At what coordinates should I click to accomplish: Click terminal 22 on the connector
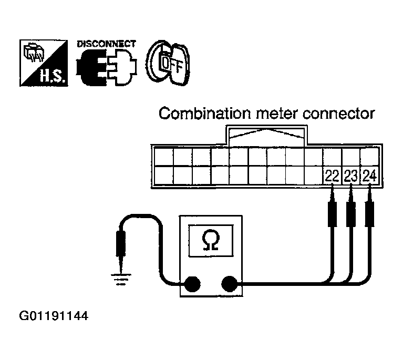(332, 176)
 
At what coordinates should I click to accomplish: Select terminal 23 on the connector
(351, 176)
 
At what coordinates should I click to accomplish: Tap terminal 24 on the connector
(369, 176)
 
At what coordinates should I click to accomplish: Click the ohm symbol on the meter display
(211, 240)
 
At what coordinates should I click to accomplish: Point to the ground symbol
(121, 280)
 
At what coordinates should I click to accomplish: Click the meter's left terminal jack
(192, 284)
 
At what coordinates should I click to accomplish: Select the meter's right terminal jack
(229, 284)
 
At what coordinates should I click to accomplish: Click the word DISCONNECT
(107, 44)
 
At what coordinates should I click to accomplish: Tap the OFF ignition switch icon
(168, 63)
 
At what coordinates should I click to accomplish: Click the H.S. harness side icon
(44, 63)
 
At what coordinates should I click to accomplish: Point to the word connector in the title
(339, 114)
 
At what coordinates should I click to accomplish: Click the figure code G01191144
(54, 316)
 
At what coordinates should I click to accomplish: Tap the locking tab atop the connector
(266, 136)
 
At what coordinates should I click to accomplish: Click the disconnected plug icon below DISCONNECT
(107, 67)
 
